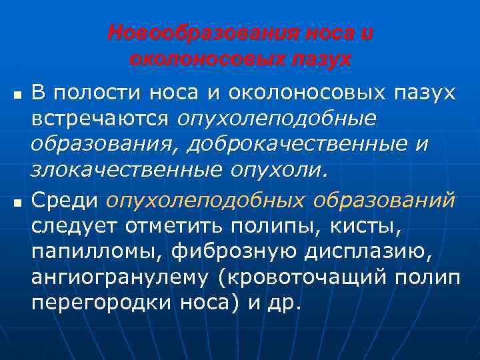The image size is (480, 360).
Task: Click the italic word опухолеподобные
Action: (x=276, y=118)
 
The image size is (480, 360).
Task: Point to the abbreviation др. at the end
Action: (x=286, y=303)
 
